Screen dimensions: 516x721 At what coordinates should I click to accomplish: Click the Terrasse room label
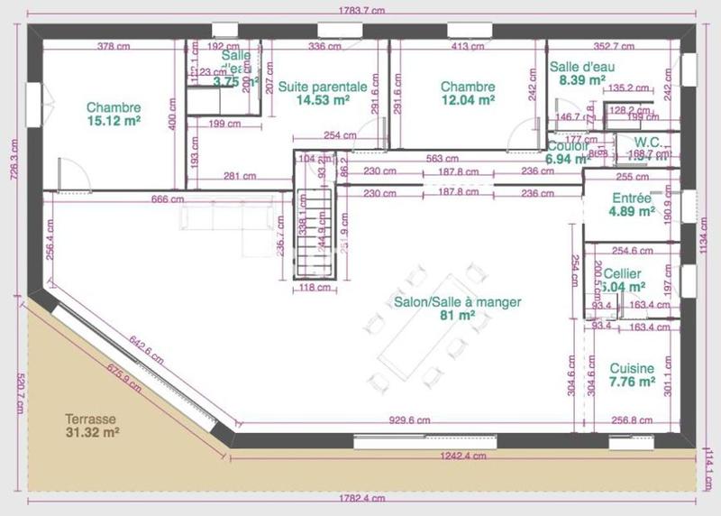[x=90, y=419]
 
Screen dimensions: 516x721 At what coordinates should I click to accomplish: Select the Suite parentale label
[x=322, y=87]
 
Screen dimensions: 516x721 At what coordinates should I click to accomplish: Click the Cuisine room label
[x=632, y=368]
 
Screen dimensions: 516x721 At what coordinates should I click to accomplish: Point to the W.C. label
[x=648, y=143]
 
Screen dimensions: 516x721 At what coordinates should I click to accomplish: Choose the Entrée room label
[x=631, y=198]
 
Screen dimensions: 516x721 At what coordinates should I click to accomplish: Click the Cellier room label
[x=623, y=273]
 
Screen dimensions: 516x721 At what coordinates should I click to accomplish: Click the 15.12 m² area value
[x=114, y=120]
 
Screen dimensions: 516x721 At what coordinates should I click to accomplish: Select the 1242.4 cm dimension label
[x=463, y=456]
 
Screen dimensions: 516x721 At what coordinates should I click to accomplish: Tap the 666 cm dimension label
[x=168, y=199]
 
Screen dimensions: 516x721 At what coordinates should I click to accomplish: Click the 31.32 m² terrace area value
[x=92, y=433]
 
